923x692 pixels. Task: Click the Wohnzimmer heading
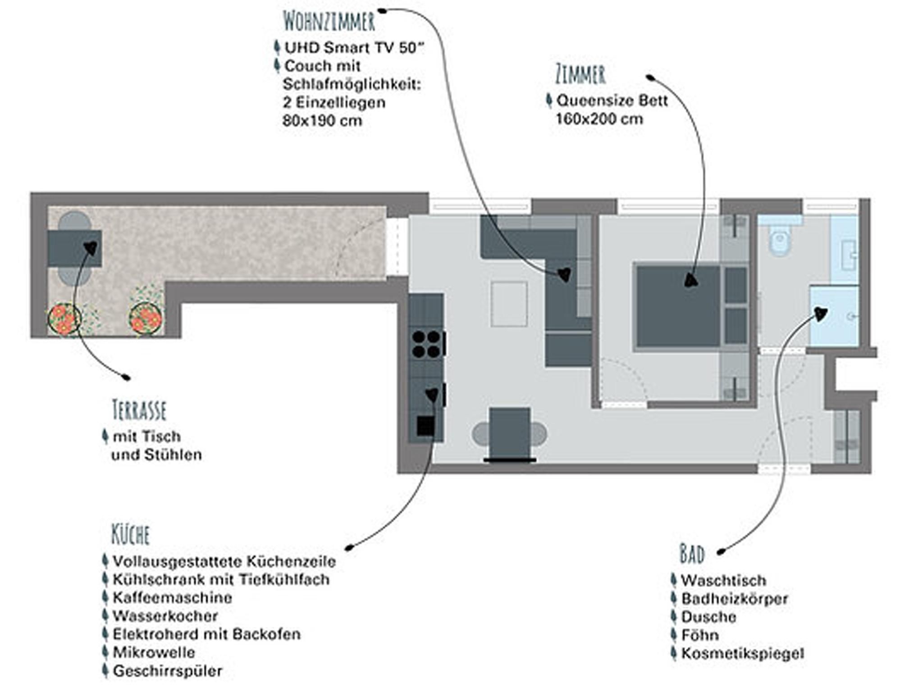click(329, 21)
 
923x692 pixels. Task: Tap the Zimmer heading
click(580, 75)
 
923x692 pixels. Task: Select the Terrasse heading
click(139, 410)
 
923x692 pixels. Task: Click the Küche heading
click(130, 534)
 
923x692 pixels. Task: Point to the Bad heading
click(692, 554)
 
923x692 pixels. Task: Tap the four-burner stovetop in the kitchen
click(426, 344)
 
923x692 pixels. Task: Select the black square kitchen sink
click(425, 425)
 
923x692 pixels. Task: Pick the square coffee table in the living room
click(509, 304)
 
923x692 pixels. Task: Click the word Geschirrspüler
click(168, 671)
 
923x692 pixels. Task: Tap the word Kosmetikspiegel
click(742, 653)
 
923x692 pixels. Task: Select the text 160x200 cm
click(599, 119)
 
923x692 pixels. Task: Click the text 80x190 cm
click(322, 121)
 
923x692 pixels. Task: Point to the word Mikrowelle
click(154, 652)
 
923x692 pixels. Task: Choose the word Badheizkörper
click(735, 599)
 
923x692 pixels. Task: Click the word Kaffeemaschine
click(172, 598)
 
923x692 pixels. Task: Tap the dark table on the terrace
click(74, 249)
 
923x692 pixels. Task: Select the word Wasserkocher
click(165, 616)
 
